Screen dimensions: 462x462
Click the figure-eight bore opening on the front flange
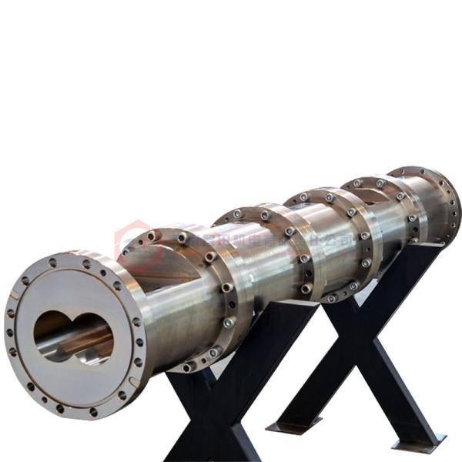[73, 337]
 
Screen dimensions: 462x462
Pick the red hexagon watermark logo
[129, 239]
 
